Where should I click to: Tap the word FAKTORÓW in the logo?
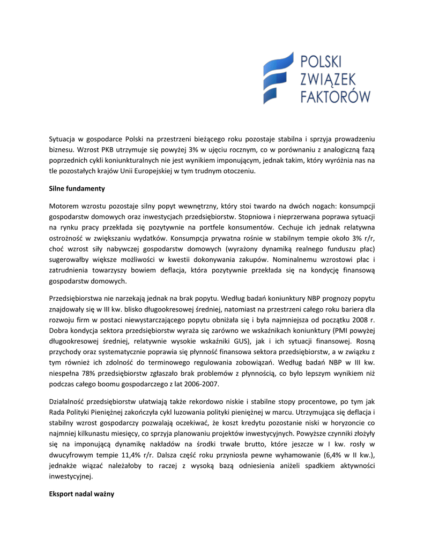pos(336,96)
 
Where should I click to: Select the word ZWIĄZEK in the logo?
pos(330,78)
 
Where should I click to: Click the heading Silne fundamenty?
pos(77,188)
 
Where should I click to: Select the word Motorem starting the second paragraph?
pos(64,206)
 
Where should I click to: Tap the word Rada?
pos(57,412)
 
